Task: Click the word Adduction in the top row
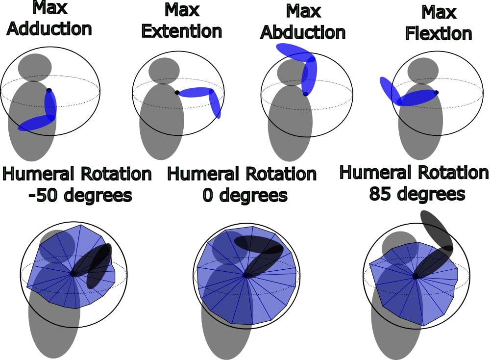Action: [49, 29]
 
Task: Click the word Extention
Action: [182, 31]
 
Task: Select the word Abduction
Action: [303, 32]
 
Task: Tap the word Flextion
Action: [439, 33]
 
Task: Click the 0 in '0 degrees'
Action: [207, 196]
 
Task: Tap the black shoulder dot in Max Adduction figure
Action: [49, 90]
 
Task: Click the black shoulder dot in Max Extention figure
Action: [177, 92]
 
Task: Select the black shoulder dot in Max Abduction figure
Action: [306, 94]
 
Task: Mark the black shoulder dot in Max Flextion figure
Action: [436, 92]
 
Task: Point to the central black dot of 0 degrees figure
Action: [246, 275]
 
